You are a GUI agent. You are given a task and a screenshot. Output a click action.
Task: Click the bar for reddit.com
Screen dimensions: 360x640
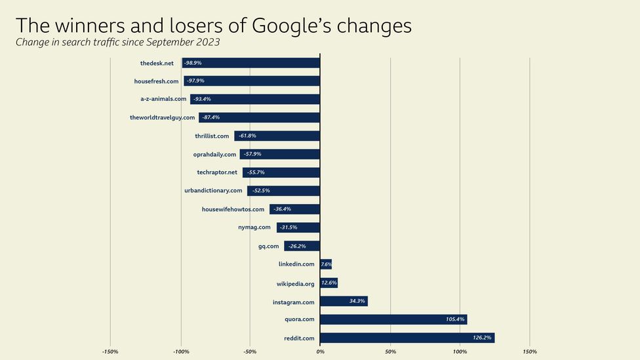tap(407, 338)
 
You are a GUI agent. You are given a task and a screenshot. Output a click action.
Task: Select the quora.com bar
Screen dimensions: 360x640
tap(393, 319)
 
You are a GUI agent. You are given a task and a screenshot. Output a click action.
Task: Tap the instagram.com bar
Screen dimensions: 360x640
tap(344, 302)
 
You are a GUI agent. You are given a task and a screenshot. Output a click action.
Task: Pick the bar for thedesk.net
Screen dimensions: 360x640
tap(251, 63)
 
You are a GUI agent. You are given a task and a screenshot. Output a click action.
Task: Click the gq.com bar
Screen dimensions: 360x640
tap(302, 246)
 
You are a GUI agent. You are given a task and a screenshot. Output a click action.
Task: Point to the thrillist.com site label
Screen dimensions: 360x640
tap(212, 136)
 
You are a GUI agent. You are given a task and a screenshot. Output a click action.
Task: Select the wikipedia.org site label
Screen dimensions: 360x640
tap(296, 283)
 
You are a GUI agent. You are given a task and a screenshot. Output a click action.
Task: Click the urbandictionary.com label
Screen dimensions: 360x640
tap(214, 191)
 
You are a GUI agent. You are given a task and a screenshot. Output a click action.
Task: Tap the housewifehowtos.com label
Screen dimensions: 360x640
tap(233, 209)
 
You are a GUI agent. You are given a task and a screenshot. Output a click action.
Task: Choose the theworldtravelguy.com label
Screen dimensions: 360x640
tap(163, 117)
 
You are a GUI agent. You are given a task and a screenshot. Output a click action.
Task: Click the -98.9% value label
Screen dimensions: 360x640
tap(193, 63)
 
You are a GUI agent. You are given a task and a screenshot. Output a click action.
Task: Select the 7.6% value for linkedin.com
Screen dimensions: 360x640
tap(326, 264)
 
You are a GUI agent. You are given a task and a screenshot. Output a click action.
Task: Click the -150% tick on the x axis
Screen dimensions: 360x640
tap(110, 351)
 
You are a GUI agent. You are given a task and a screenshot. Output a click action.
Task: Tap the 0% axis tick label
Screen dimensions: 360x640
tap(320, 351)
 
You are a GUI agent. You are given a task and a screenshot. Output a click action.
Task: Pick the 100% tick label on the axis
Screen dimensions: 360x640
tap(460, 351)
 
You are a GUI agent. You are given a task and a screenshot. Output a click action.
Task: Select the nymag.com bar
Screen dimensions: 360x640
tap(298, 228)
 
